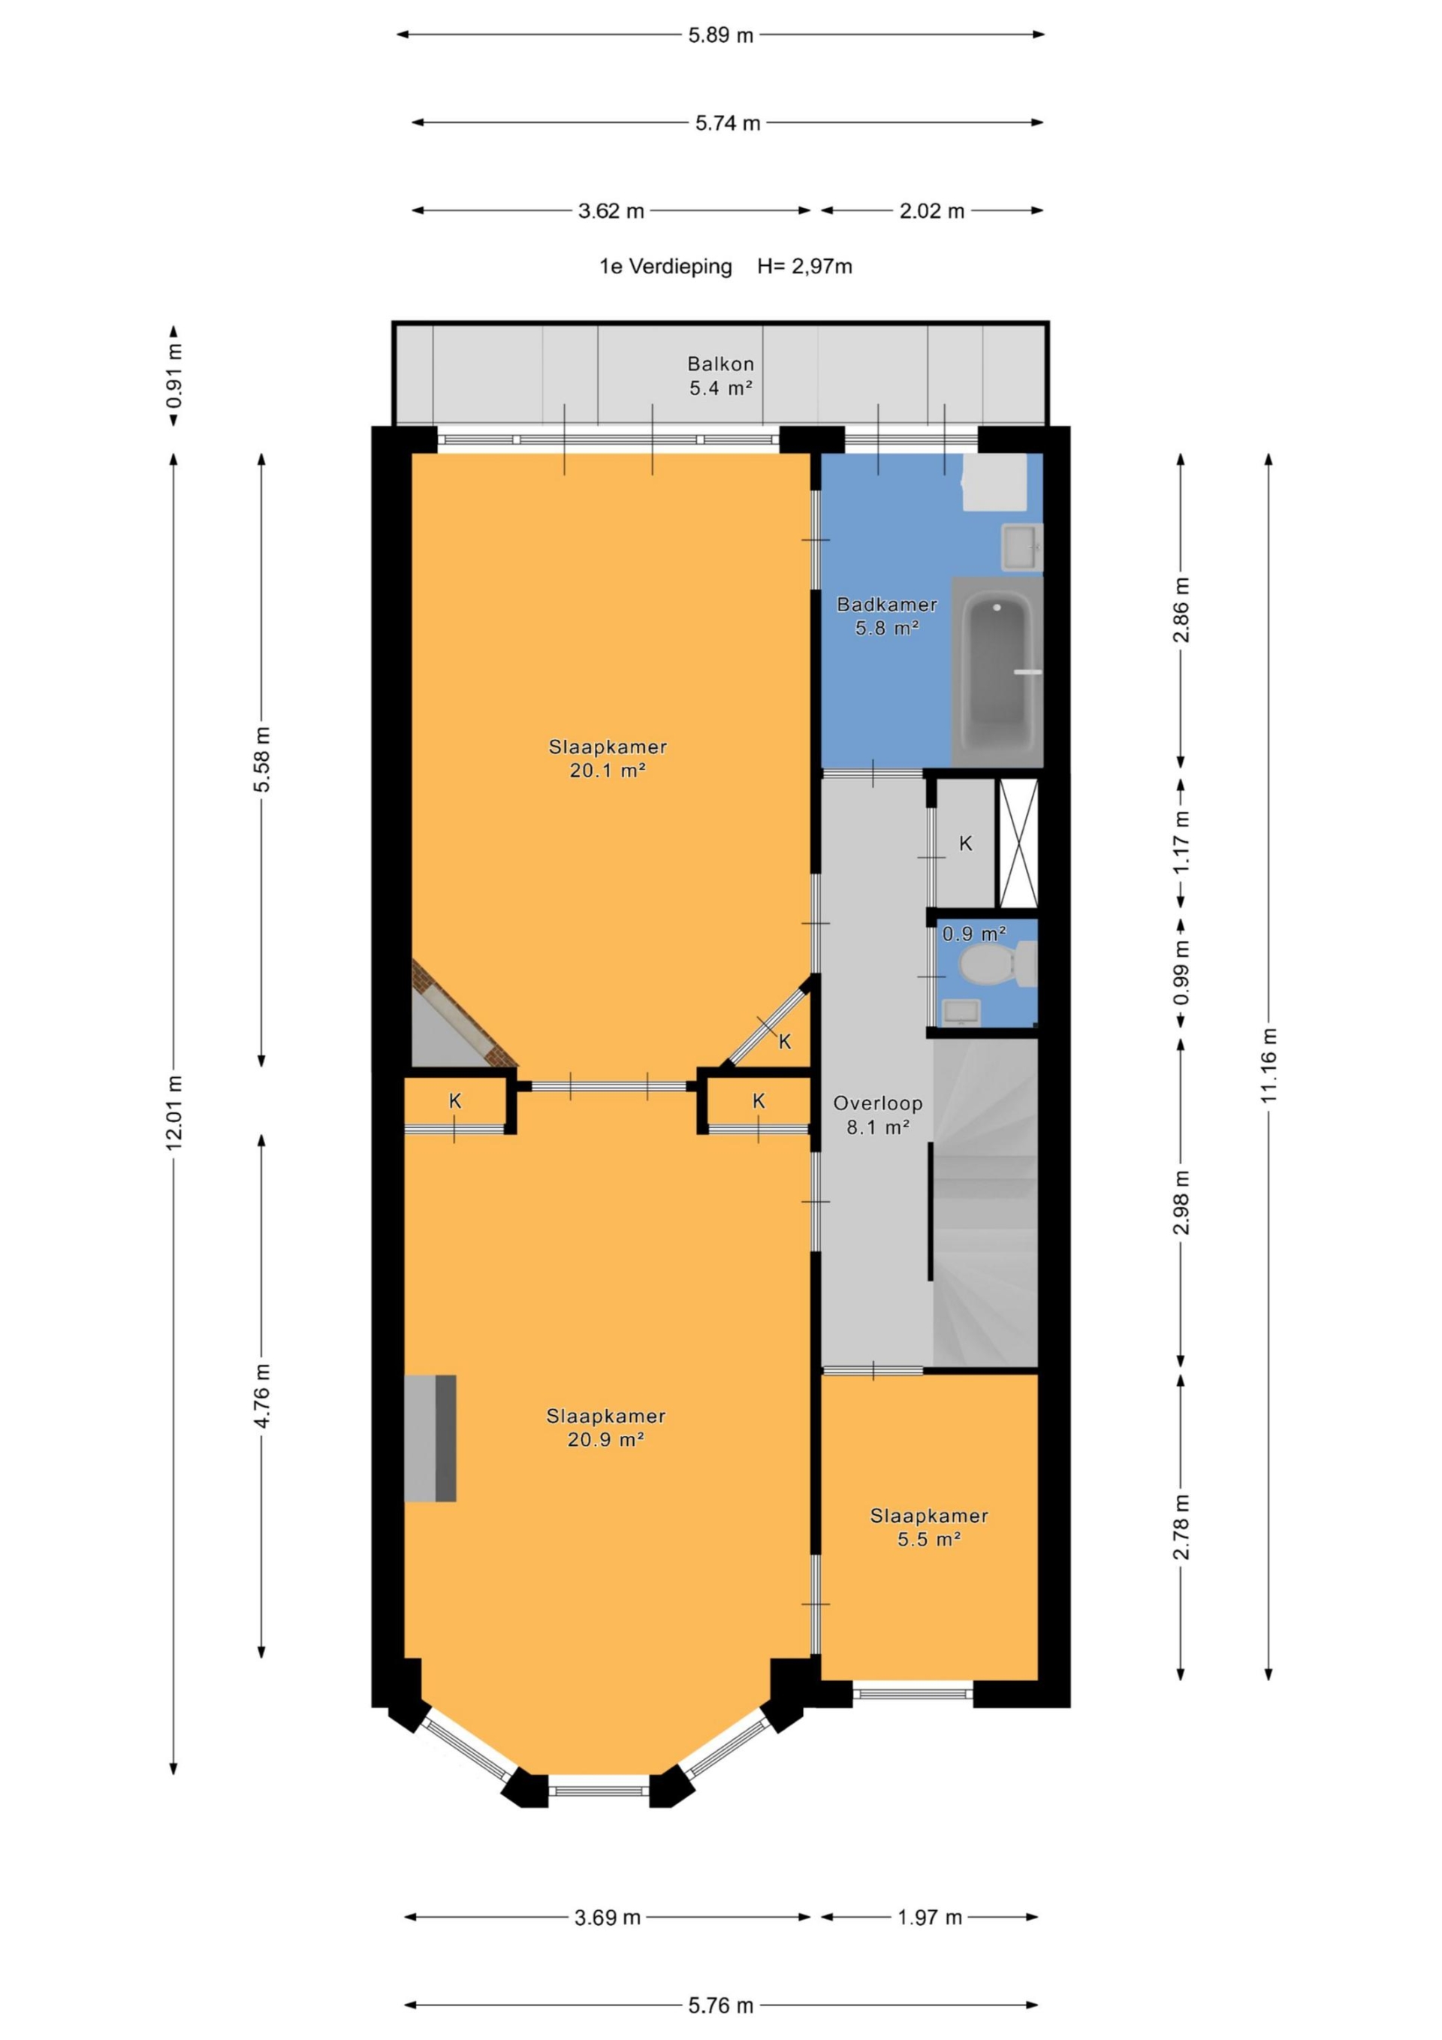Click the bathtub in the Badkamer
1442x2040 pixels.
[x=997, y=671]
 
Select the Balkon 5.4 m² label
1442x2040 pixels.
[x=720, y=376]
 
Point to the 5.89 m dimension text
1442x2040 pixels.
[x=720, y=35]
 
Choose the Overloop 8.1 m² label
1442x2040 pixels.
[x=878, y=1115]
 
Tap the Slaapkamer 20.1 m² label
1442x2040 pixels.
[x=608, y=759]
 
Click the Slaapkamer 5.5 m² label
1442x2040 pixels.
[x=929, y=1527]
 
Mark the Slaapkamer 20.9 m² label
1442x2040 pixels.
[x=606, y=1428]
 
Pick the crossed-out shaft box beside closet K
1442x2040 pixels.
[x=1018, y=843]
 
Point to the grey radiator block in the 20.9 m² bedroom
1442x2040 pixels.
[x=430, y=1438]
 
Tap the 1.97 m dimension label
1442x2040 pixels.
[x=929, y=1918]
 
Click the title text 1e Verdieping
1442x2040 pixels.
[x=665, y=267]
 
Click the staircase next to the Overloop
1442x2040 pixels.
[x=985, y=1203]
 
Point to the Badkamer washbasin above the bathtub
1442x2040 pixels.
[x=1021, y=547]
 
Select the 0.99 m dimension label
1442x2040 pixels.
[x=1181, y=973]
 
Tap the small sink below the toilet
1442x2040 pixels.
[x=961, y=1011]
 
